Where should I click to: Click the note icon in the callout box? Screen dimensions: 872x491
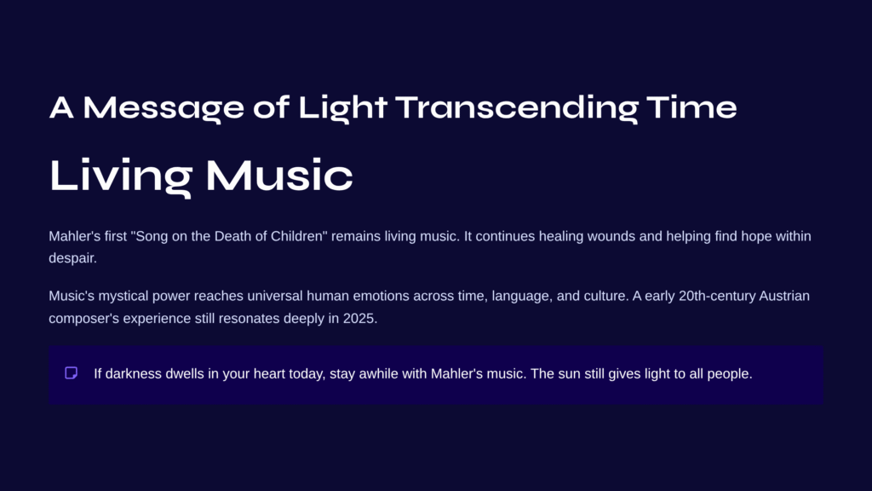[x=72, y=373]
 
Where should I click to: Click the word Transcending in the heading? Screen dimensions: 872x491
[x=517, y=108]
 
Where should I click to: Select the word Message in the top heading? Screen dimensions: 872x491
[x=163, y=108]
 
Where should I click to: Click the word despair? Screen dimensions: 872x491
[x=72, y=258]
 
